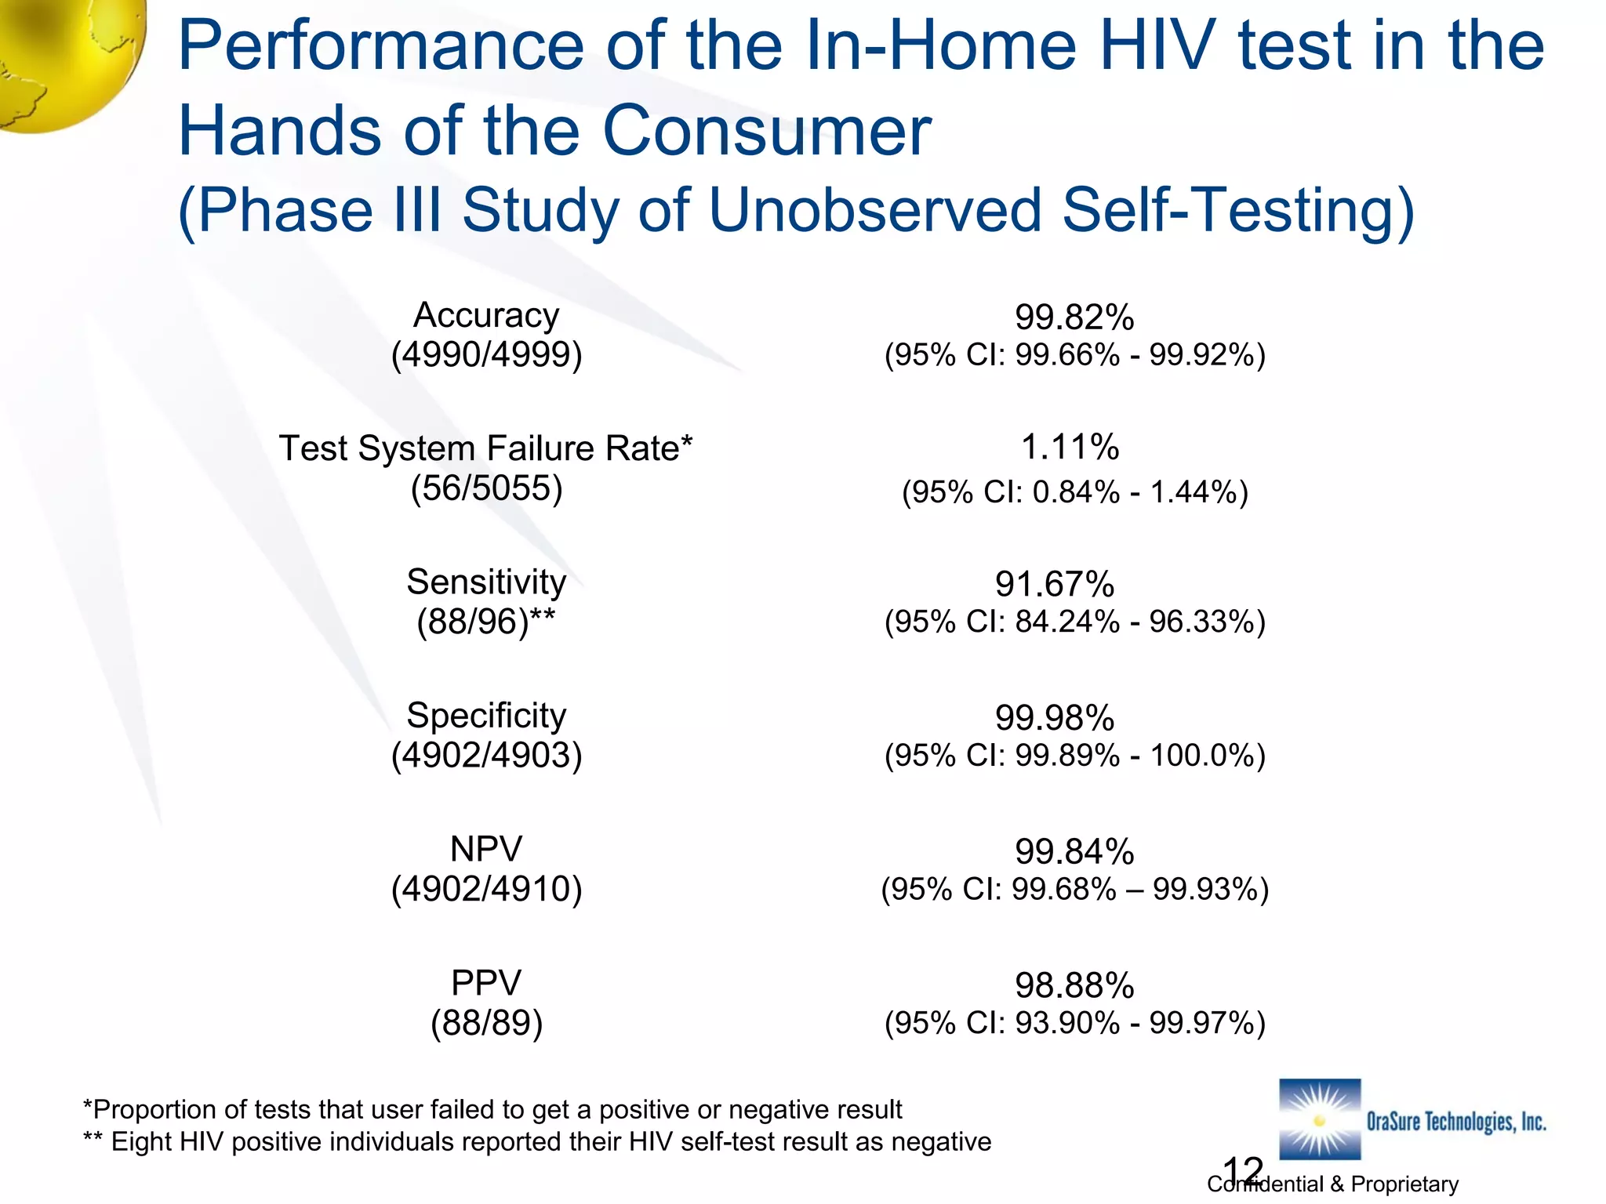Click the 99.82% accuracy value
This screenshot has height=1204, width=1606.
pos(1074,317)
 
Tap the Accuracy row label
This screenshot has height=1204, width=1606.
pos(486,315)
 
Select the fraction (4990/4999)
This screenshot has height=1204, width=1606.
pos(486,355)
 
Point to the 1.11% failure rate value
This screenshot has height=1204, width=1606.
pos(1070,448)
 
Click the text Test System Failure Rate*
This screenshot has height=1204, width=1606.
pos(486,449)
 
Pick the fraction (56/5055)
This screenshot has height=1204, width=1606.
pos(486,488)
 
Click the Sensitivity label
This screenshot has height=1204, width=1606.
pos(486,582)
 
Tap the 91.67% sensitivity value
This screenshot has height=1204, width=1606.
pos(1055,585)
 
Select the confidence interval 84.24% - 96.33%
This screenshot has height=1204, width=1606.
pos(1074,622)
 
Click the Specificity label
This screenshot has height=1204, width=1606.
pos(486,716)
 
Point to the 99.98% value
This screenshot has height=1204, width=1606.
pos(1055,718)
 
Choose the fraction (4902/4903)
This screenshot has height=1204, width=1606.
pos(486,756)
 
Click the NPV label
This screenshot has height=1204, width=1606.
pos(486,849)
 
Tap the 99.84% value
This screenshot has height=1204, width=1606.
pos(1074,852)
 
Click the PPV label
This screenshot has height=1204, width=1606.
pos(486,983)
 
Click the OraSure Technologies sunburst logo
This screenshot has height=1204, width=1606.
pos(1320,1119)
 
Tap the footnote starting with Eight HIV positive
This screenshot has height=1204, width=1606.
pos(537,1142)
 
